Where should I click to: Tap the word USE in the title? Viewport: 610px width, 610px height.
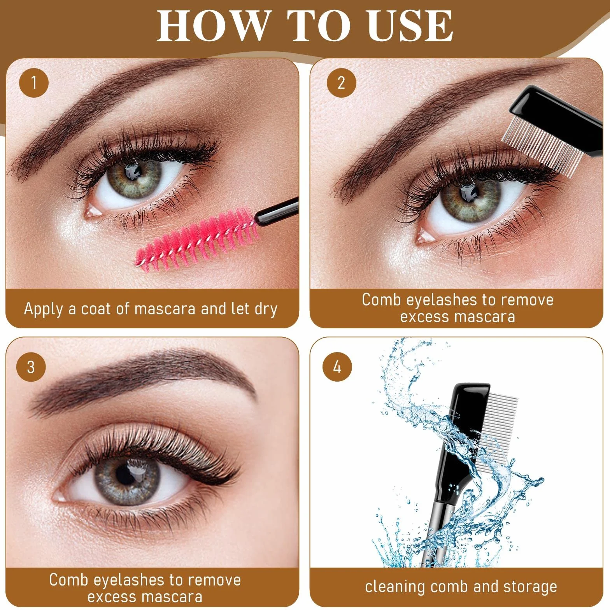tap(410, 26)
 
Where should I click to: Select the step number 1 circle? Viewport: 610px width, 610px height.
tap(34, 83)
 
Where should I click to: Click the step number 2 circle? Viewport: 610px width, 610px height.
tap(341, 83)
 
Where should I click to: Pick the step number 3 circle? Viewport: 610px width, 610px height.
tap(31, 367)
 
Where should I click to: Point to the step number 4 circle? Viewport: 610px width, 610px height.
tap(337, 366)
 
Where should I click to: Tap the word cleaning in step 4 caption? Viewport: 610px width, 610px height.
tap(394, 587)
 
